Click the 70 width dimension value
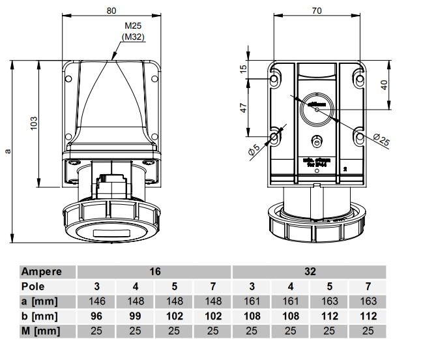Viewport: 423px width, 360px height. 317,10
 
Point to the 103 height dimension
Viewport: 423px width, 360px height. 34,122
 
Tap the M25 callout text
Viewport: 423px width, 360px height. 133,26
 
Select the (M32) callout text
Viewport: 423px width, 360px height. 133,37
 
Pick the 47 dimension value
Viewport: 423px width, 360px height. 243,108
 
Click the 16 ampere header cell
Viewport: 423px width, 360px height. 154,271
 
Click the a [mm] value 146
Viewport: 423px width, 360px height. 96,301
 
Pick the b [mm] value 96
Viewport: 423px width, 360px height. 96,316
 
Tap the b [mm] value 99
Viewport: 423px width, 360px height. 135,316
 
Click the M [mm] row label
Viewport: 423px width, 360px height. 40,331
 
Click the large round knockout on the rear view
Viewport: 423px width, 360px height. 317,110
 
